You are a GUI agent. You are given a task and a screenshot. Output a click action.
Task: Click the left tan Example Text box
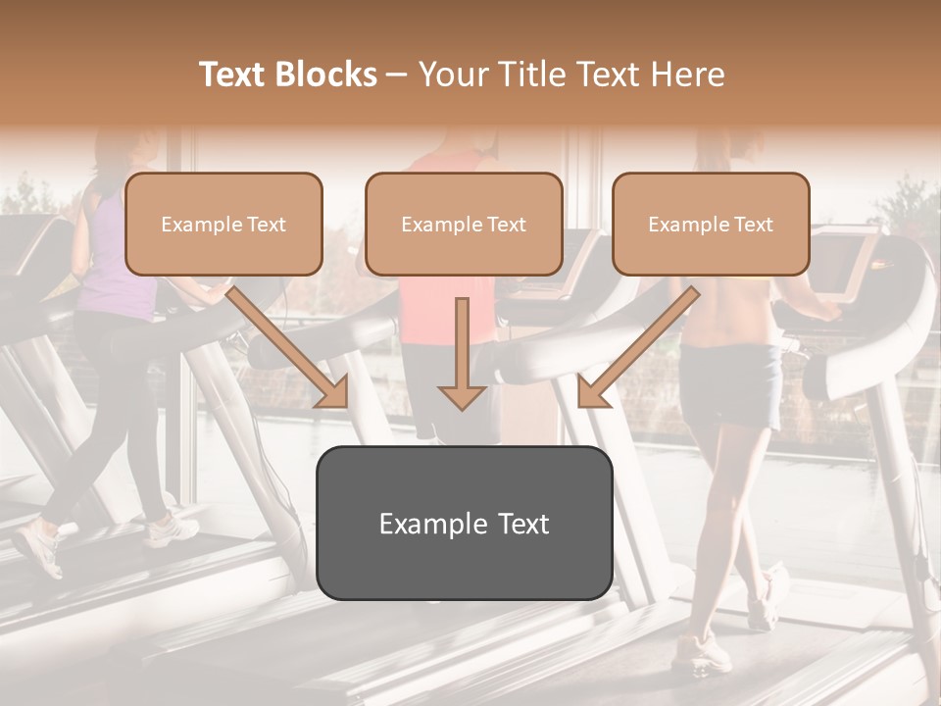pyautogui.click(x=223, y=224)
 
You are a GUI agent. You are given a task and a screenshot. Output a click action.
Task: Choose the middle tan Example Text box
pyautogui.click(x=464, y=224)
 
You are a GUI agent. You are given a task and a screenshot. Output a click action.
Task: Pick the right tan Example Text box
pyautogui.click(x=711, y=224)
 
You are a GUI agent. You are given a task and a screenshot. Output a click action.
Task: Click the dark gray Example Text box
pyautogui.click(x=464, y=523)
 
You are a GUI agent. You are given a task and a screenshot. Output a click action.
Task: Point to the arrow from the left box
pyautogui.click(x=289, y=347)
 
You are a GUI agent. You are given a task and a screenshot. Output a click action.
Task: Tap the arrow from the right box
pyautogui.click(x=636, y=347)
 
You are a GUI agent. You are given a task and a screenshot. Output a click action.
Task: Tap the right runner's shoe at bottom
pyautogui.click(x=700, y=651)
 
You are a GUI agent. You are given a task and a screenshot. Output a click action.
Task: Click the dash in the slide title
pyautogui.click(x=398, y=75)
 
